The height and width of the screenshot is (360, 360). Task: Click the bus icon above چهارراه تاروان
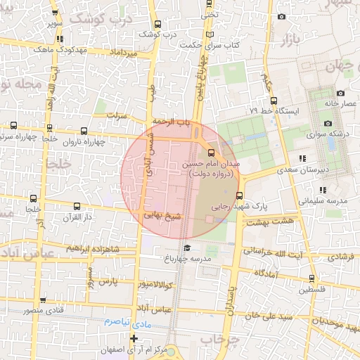click(84, 131)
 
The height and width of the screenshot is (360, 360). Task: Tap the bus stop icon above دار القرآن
click(77, 207)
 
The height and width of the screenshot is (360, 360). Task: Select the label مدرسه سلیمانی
click(323, 201)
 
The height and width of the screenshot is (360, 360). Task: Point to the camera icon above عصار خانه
click(340, 94)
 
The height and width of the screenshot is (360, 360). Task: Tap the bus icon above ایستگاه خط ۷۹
click(274, 101)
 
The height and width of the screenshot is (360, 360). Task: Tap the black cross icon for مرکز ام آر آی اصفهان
click(134, 339)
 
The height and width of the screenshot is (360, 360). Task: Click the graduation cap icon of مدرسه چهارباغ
click(187, 248)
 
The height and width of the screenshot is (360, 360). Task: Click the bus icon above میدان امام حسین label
click(212, 152)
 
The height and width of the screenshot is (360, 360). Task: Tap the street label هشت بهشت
click(274, 222)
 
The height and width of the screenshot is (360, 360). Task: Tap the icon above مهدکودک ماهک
click(61, 39)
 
